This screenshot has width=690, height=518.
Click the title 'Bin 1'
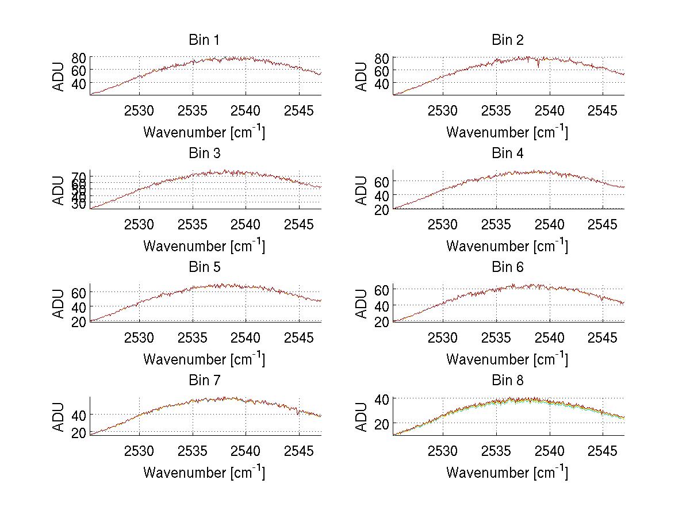coord(204,40)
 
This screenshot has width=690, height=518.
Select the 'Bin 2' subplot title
coord(507,40)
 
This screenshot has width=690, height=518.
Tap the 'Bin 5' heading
coord(204,267)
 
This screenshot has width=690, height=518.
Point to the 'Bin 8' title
coord(507,381)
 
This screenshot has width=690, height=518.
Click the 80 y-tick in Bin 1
coord(79,57)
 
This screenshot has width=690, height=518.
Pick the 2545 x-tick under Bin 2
coord(603,110)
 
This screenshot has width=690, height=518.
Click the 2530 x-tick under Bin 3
coord(139,223)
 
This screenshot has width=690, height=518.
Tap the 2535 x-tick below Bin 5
coord(193,336)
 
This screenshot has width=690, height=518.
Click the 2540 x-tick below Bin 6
coord(549,336)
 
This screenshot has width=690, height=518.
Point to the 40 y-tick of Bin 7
coord(79,415)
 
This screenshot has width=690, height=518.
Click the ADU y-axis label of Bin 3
coord(59,190)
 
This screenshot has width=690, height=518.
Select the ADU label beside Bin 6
coord(362,304)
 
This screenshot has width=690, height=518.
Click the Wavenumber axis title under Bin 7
coord(204,472)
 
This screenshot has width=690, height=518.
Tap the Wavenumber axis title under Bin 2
coord(507,132)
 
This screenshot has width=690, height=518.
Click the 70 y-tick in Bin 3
coord(79,176)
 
